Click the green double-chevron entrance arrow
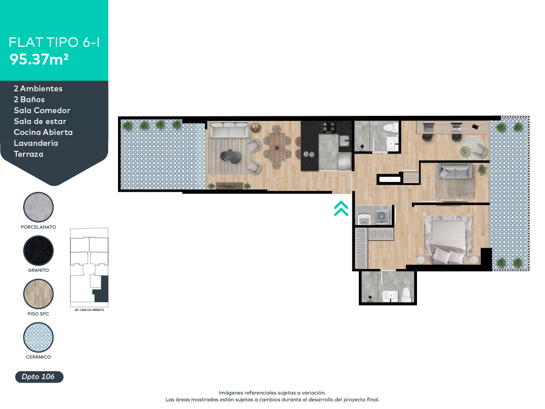click(x=341, y=209)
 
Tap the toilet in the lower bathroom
click(x=406, y=294)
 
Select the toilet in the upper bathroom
click(x=390, y=128)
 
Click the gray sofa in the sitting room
click(x=455, y=172)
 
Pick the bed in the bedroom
click(x=447, y=239)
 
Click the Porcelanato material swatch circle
click(x=39, y=207)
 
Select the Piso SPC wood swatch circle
click(x=39, y=294)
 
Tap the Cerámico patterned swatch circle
click(x=39, y=337)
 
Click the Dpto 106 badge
click(x=39, y=377)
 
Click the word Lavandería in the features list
click(x=36, y=143)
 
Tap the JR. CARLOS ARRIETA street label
click(x=89, y=310)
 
